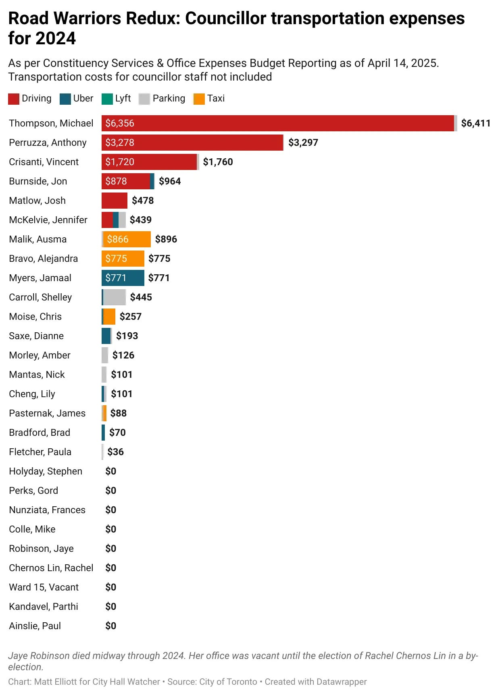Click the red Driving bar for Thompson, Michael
point(278,123)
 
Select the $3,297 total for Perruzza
point(303,143)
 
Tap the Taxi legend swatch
point(199,99)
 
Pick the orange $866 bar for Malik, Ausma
point(127,239)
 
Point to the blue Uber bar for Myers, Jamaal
point(123,278)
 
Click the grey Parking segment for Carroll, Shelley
point(115,297)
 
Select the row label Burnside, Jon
point(38,181)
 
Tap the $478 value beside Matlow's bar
point(143,201)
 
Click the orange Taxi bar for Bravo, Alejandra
point(123,259)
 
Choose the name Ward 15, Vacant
point(44,587)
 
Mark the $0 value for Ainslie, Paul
point(110,626)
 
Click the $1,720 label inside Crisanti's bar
point(120,162)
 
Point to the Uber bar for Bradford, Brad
point(103,433)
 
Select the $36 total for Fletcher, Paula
point(115,452)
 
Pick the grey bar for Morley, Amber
point(105,355)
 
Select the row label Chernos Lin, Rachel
point(51,568)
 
